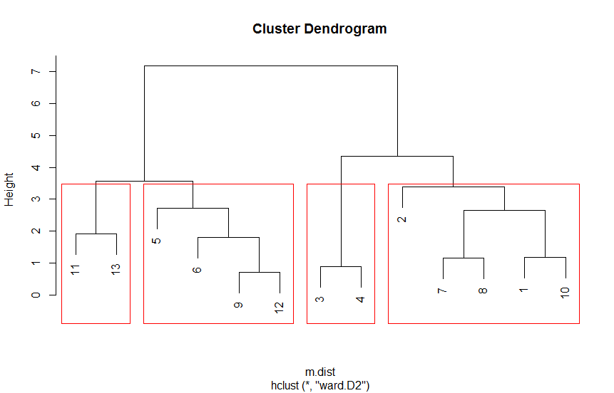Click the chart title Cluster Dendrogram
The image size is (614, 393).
pos(319,29)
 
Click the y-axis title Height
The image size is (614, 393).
pos(10,189)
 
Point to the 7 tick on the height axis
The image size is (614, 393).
pos(34,72)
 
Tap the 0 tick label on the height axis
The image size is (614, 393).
pos(34,295)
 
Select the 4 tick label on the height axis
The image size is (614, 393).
pos(34,167)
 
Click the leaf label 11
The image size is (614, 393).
pos(76,269)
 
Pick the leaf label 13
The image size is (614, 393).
pos(116,269)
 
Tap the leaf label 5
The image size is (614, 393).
pos(157,241)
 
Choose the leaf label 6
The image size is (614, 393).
pos(198,270)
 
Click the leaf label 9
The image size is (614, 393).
pos(239,305)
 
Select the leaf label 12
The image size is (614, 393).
pos(280,308)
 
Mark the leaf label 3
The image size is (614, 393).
pos(320,298)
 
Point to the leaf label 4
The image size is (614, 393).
pos(361,298)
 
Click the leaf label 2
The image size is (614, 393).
pos(402,219)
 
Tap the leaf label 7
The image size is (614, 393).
pos(443,290)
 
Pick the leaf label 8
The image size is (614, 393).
pos(483,290)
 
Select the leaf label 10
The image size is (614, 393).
pos(566,293)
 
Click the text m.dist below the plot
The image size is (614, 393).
pos(319,372)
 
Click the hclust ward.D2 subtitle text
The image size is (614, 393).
pos(319,385)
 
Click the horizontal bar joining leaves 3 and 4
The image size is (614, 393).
pos(341,266)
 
